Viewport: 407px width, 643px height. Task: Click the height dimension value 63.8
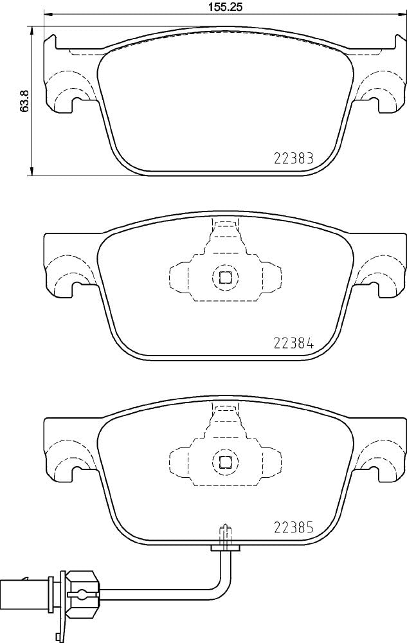(24, 100)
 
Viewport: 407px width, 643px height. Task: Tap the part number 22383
(293, 158)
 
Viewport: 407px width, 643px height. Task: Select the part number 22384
(293, 343)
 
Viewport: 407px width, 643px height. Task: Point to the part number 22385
(293, 527)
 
